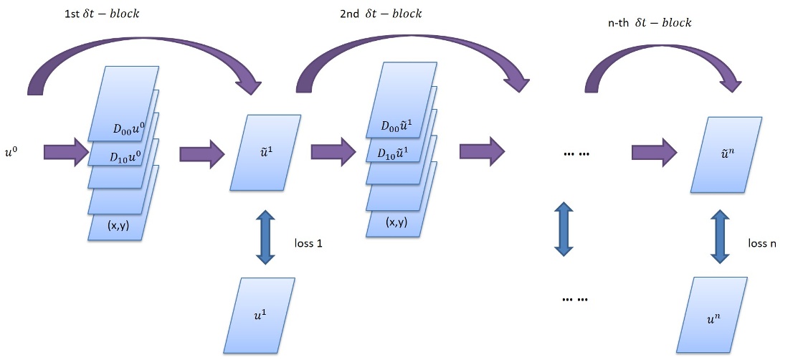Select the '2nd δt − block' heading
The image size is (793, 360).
[381, 14]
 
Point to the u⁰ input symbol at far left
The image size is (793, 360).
[14, 153]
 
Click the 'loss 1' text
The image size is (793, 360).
[309, 243]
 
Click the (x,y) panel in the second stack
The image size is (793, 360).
[396, 222]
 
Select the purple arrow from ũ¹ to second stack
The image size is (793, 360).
[333, 152]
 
